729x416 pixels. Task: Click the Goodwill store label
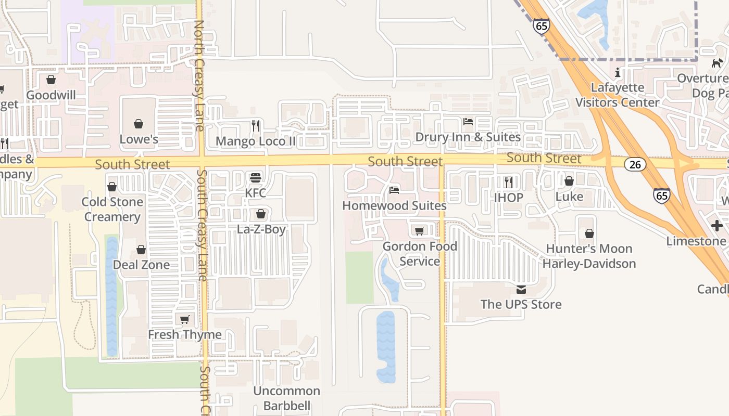pos(51,95)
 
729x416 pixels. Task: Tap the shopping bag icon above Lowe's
pos(139,124)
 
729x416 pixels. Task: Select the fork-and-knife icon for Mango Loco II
pos(256,125)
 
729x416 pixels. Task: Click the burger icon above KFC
pos(255,177)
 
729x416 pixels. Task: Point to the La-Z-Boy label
pos(261,229)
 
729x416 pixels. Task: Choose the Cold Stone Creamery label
pos(112,209)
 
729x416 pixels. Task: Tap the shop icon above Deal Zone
pos(141,250)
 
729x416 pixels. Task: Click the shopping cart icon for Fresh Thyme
pos(184,319)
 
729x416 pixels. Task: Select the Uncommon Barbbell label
pos(286,398)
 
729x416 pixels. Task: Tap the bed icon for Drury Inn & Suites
pos(468,122)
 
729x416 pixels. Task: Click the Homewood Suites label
pos(394,206)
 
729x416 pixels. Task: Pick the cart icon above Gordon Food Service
pos(419,230)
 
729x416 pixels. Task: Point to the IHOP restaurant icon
pos(509,182)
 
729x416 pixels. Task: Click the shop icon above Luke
pos(569,181)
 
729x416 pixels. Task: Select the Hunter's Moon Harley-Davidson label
pos(589,256)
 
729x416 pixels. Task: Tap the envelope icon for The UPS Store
pos(521,289)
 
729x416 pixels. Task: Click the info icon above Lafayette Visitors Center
pos(618,72)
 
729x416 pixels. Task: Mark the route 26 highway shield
pos(635,164)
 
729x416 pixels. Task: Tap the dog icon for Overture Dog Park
pos(717,63)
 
